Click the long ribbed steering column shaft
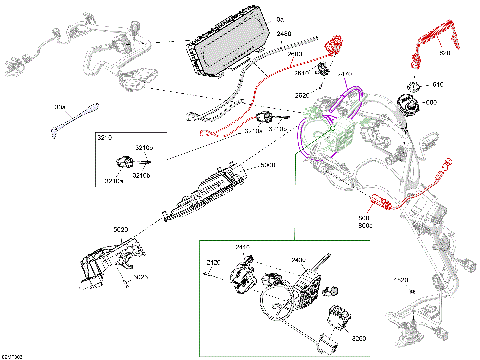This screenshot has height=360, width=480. [211, 193]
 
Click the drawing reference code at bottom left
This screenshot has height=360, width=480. [11, 354]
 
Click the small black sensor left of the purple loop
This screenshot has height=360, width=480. [266, 117]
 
